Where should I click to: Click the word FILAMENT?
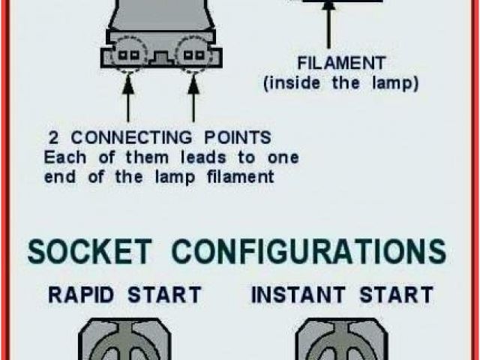pos(341,63)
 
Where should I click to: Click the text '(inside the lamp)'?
pos(340,82)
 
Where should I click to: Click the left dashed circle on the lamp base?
pos(128,55)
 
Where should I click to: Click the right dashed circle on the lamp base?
pos(193,55)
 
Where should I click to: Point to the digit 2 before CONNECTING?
pos(54,139)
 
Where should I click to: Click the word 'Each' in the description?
pos(62,158)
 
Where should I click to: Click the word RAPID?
pos(80,294)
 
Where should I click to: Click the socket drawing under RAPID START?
pos(124,341)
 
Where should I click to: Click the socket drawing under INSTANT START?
pos(340,341)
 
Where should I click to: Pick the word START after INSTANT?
pos(396,294)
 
